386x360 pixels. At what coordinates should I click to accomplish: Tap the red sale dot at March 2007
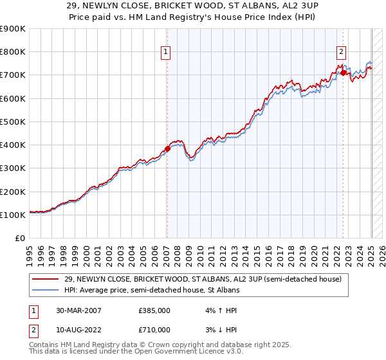[167, 148]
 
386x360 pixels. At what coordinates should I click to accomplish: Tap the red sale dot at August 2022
[344, 73]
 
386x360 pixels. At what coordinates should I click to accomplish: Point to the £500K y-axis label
[13, 122]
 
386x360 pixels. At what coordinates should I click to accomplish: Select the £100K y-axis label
[13, 215]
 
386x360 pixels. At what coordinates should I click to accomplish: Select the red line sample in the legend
[46, 278]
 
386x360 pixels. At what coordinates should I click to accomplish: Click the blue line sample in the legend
[46, 290]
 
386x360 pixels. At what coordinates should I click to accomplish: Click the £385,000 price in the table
[154, 310]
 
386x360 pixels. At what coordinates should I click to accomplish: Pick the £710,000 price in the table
[154, 330]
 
